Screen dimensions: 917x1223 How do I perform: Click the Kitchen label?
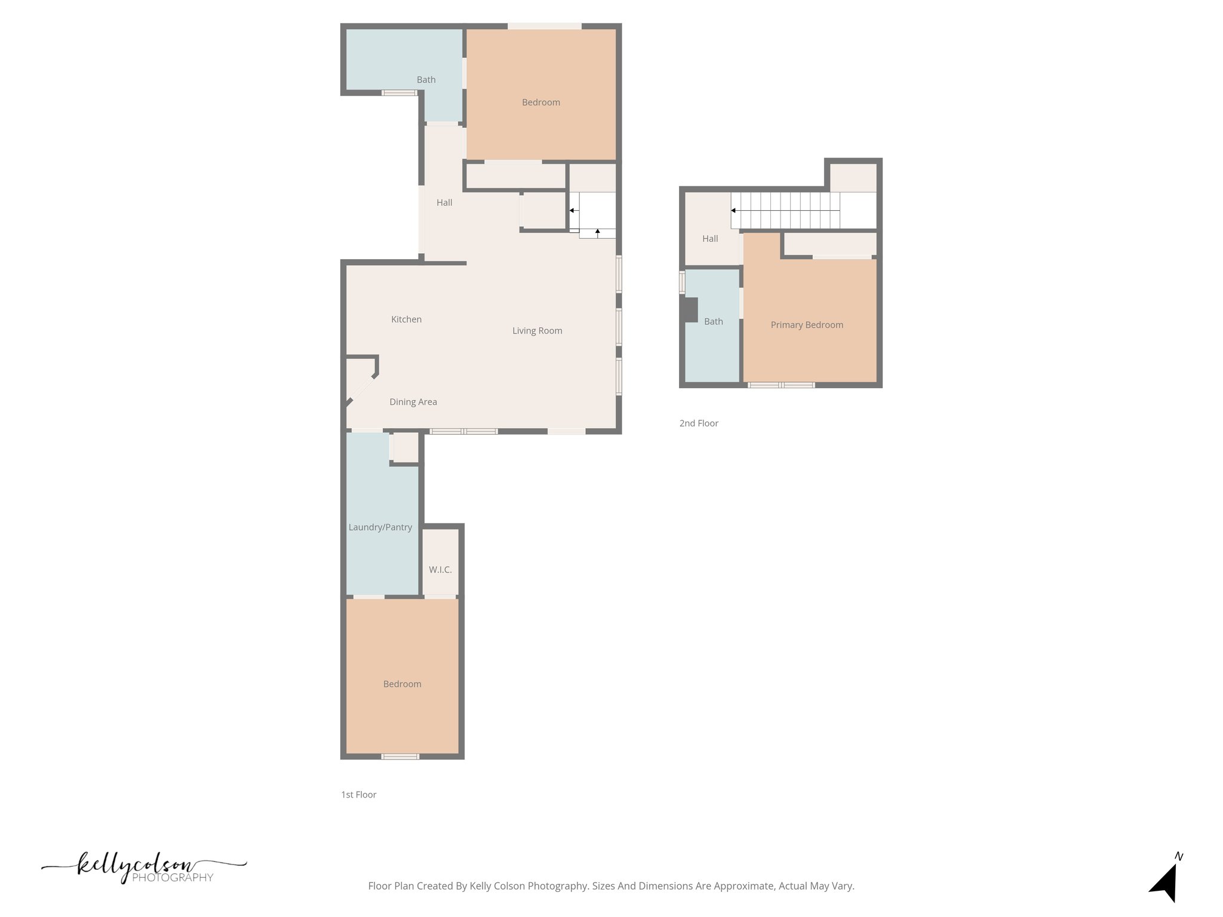tap(406, 319)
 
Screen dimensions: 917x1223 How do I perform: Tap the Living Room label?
tap(537, 331)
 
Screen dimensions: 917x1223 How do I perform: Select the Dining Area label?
tap(413, 402)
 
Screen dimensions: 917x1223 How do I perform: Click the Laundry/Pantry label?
tap(380, 527)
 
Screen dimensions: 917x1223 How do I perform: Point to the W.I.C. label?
tap(440, 570)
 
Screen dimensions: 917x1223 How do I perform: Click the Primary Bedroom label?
tap(806, 325)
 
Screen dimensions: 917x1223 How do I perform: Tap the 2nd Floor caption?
tap(698, 423)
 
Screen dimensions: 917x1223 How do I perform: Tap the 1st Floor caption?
tap(358, 795)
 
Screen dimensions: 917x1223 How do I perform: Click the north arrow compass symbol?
tap(1165, 882)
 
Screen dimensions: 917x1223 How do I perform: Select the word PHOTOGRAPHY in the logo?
tap(172, 878)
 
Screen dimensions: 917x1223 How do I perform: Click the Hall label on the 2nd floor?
tap(709, 239)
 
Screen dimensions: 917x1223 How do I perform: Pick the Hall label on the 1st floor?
tap(444, 203)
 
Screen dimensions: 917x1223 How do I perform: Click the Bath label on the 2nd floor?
tap(713, 322)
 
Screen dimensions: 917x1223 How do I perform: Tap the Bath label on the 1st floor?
tap(426, 80)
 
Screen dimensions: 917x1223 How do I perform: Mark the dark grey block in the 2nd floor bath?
tap(690, 310)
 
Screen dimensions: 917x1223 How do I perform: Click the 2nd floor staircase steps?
tap(785, 210)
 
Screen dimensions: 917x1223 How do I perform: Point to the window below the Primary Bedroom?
tap(781, 385)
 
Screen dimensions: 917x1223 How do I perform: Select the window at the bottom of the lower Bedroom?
tap(400, 756)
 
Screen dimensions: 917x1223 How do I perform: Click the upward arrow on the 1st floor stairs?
tap(597, 232)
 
